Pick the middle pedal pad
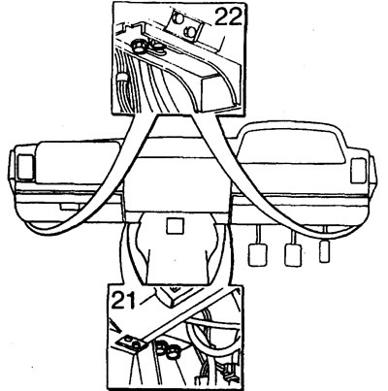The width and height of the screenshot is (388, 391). point(293,254)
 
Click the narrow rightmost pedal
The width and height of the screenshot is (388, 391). point(325,251)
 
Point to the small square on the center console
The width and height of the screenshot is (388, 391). point(175,226)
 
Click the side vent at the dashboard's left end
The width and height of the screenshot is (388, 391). point(25,167)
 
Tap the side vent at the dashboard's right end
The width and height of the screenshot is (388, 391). point(359,170)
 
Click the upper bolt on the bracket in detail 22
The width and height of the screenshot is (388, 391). point(177,18)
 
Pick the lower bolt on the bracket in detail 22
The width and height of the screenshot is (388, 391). point(190,32)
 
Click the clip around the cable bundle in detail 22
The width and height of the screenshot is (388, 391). point(121,79)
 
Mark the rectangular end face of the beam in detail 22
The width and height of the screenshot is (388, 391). point(217,91)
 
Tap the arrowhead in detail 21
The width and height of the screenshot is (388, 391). point(115,326)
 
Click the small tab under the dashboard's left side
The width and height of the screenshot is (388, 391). point(69,207)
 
